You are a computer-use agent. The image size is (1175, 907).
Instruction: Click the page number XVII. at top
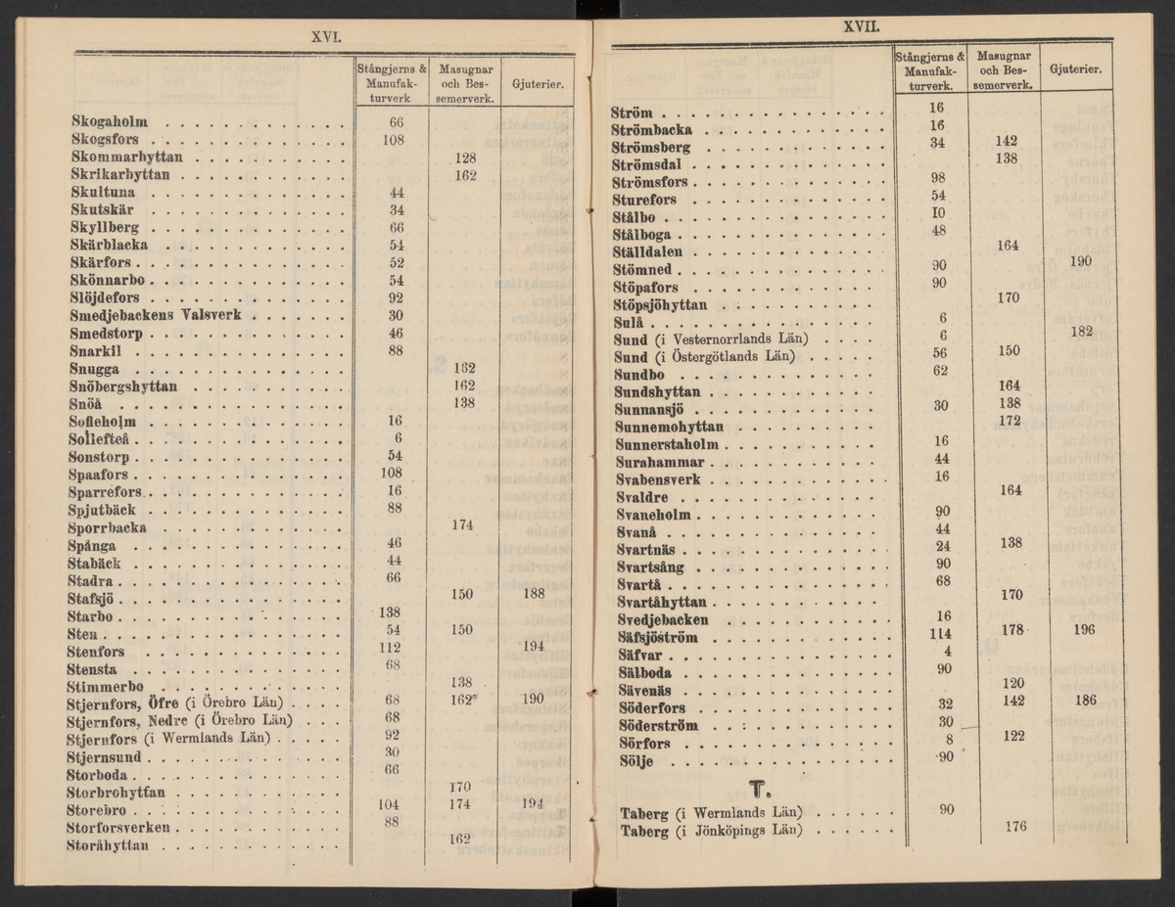point(861,26)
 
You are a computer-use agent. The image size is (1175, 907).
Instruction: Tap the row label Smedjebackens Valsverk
point(156,316)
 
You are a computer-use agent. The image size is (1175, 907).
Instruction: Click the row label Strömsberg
point(651,148)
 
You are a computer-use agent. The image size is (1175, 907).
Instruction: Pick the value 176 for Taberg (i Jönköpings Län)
point(1014,827)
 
